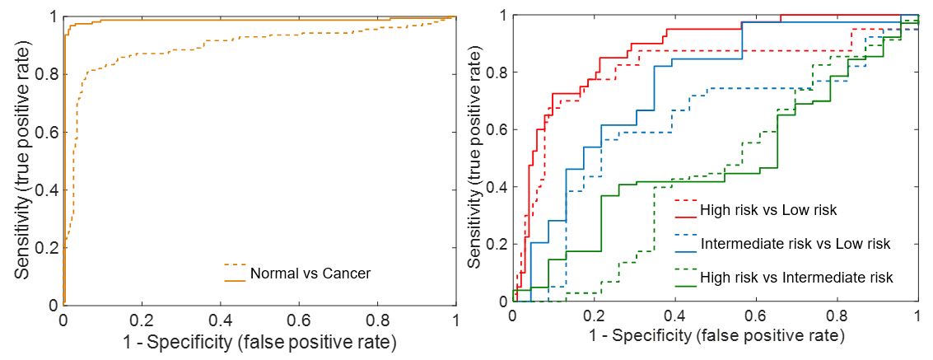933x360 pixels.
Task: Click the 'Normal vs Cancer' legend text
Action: pos(310,274)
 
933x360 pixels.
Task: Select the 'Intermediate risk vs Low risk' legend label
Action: pos(795,244)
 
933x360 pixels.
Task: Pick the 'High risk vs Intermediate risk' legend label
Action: pos(796,278)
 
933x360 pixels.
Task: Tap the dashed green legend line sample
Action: pos(685,269)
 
